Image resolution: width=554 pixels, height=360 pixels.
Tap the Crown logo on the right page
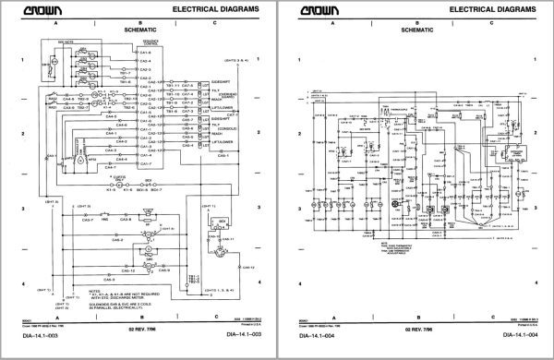318,9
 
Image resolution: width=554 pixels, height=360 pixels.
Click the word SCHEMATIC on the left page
141,30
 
